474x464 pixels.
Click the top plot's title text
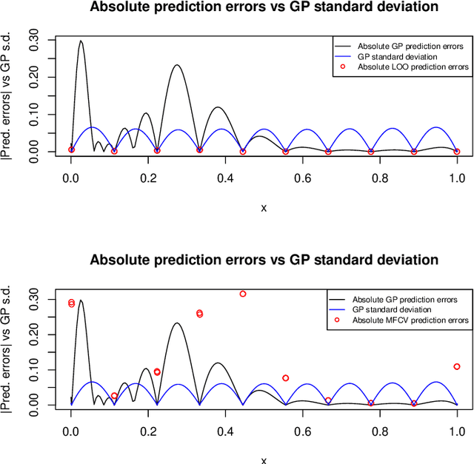click(264, 7)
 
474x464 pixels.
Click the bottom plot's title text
click(264, 260)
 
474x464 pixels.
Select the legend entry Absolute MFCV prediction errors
click(410, 320)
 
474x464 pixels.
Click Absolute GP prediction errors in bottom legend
click(404, 299)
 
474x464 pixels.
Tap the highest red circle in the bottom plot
click(243, 294)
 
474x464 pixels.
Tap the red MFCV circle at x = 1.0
click(457, 366)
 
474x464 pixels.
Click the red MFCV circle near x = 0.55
click(286, 378)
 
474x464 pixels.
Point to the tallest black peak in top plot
click(81, 41)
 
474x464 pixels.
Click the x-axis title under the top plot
click(264, 208)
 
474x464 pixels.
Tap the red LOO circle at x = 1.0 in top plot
click(457, 152)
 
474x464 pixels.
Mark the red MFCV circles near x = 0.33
click(199, 314)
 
